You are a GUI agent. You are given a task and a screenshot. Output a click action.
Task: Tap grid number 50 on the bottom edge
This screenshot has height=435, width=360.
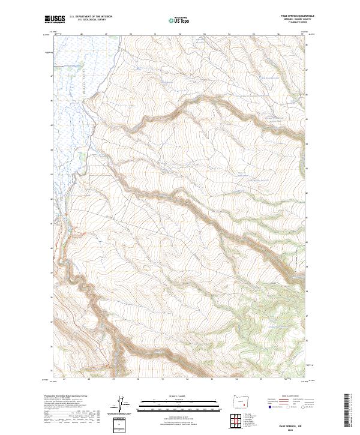click(139, 379)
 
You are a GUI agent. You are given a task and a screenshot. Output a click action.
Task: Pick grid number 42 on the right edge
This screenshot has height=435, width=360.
click(307, 193)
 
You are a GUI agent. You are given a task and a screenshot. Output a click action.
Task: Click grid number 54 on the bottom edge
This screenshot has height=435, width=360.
click(236, 379)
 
